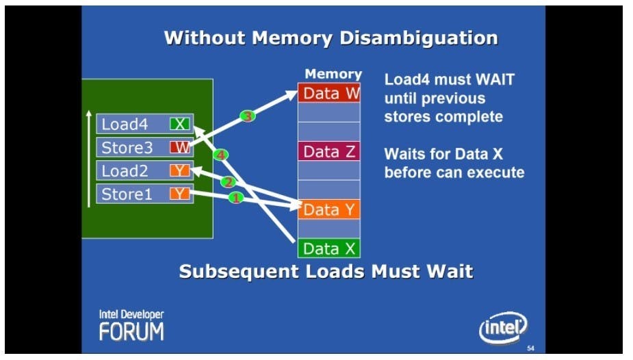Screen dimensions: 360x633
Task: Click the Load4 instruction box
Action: pyautogui.click(x=144, y=124)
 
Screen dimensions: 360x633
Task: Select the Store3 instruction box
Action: pyautogui.click(x=144, y=147)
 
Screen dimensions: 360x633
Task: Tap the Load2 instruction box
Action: pyautogui.click(x=144, y=170)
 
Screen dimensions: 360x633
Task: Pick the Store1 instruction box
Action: pyautogui.click(x=144, y=194)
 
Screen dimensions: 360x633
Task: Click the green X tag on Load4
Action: pyautogui.click(x=180, y=124)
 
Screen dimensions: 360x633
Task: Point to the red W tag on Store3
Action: pyautogui.click(x=180, y=147)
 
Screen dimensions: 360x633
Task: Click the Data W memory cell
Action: pyautogui.click(x=328, y=92)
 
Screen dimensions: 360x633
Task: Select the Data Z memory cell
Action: pyautogui.click(x=328, y=151)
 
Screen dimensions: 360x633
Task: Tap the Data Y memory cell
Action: pyautogui.click(x=328, y=209)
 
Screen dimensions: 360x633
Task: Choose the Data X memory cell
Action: pyautogui.click(x=328, y=248)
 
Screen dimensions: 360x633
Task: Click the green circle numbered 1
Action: pyautogui.click(x=235, y=198)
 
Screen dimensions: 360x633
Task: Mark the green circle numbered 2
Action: pyautogui.click(x=228, y=181)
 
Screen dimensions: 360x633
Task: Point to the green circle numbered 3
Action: pyautogui.click(x=248, y=116)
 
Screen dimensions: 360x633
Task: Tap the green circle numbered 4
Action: pyautogui.click(x=220, y=155)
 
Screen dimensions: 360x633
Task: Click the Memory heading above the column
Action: pyautogui.click(x=333, y=74)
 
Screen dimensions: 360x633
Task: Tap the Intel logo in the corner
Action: pyautogui.click(x=503, y=329)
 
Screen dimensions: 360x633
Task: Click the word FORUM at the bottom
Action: pyautogui.click(x=131, y=332)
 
